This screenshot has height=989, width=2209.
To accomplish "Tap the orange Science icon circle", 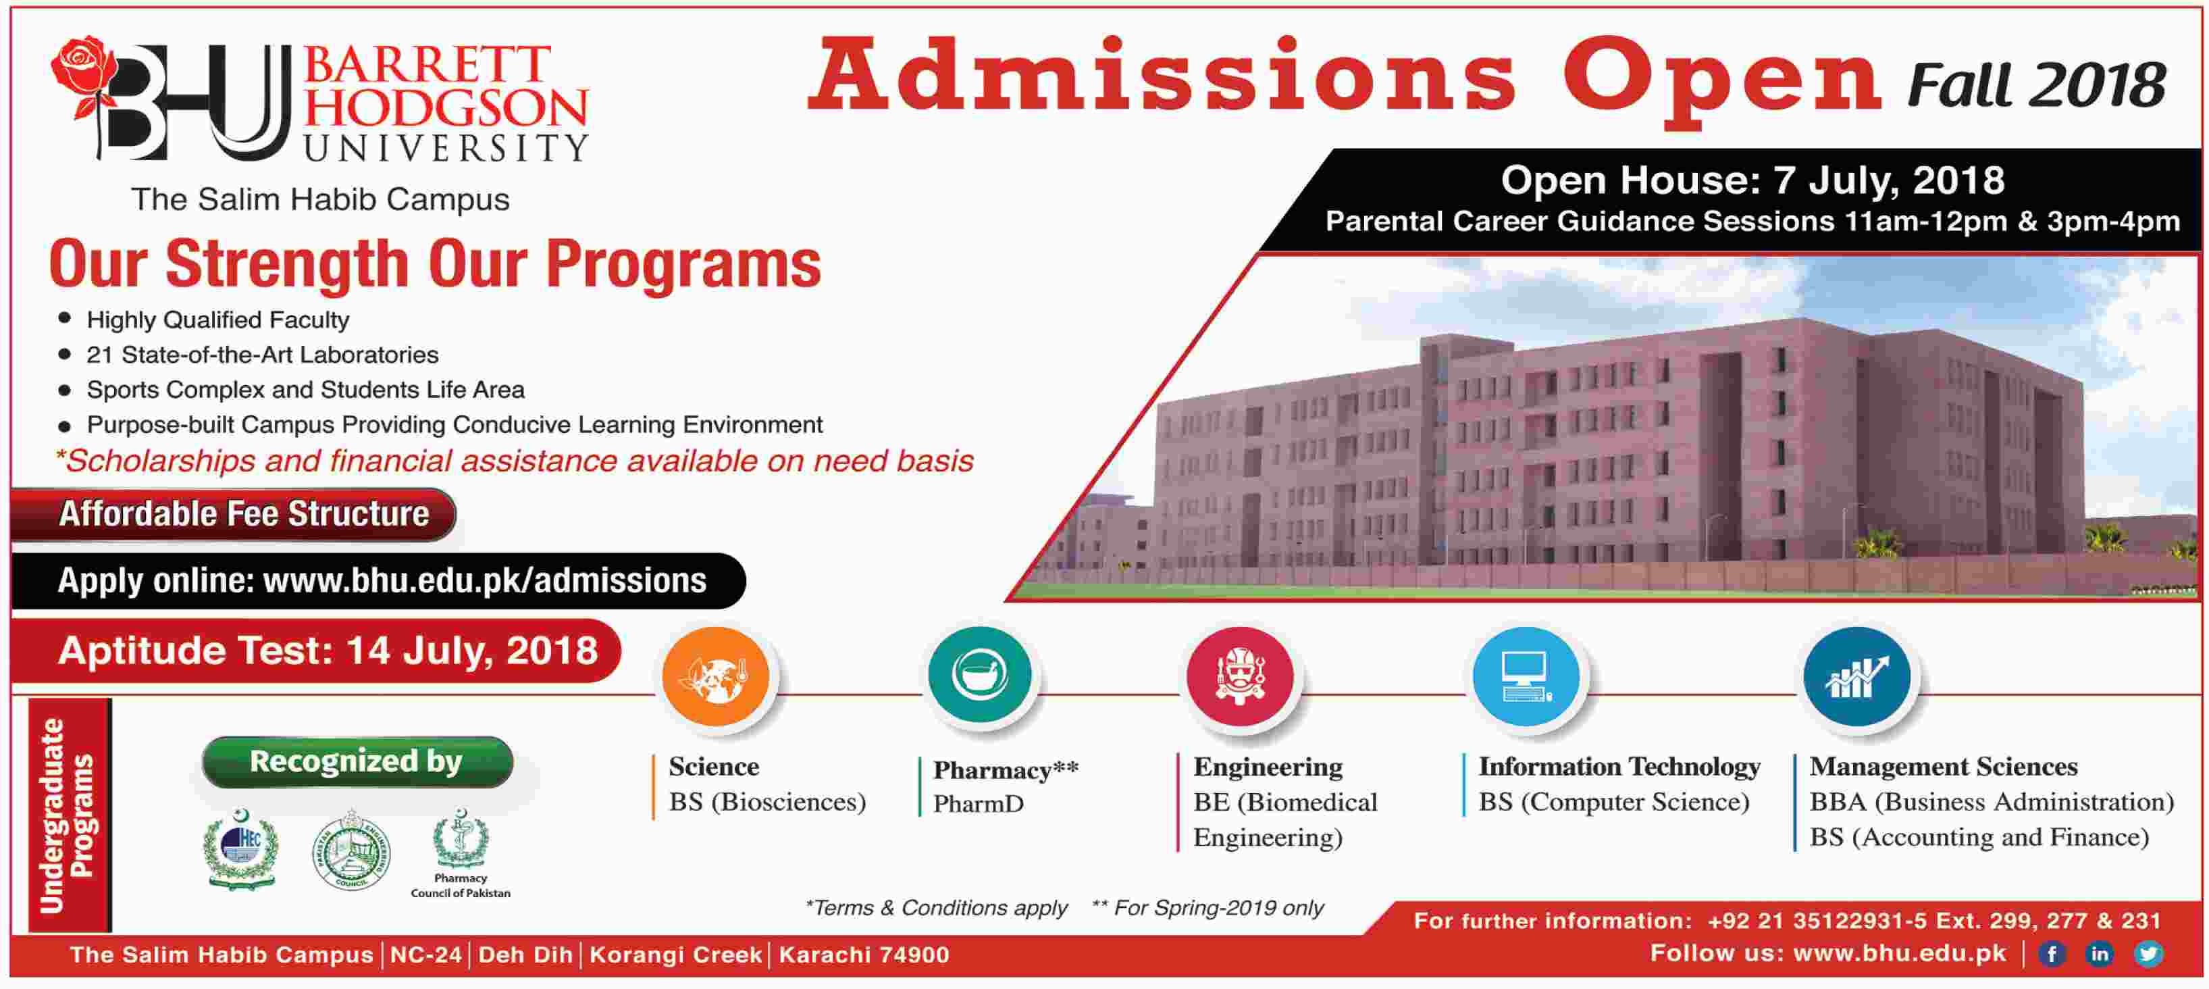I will (715, 677).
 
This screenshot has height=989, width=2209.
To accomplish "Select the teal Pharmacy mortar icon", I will (980, 674).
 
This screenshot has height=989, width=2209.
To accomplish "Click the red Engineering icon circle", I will (1240, 677).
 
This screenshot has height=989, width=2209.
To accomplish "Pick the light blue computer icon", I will (1526, 677).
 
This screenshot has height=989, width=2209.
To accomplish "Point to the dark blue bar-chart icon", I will (1856, 677).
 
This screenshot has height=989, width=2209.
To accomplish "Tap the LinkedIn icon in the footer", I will (2099, 954).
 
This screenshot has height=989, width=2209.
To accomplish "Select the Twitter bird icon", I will (2148, 954).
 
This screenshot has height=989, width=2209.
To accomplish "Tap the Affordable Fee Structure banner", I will (244, 514).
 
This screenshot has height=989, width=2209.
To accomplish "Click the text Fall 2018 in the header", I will (2036, 85).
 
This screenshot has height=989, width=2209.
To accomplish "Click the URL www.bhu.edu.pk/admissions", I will (484, 582).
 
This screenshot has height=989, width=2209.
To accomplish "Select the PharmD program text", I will (979, 804).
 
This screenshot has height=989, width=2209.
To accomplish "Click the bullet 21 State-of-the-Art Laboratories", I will (263, 354).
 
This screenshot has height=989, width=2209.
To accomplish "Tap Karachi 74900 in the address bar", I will (864, 955).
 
